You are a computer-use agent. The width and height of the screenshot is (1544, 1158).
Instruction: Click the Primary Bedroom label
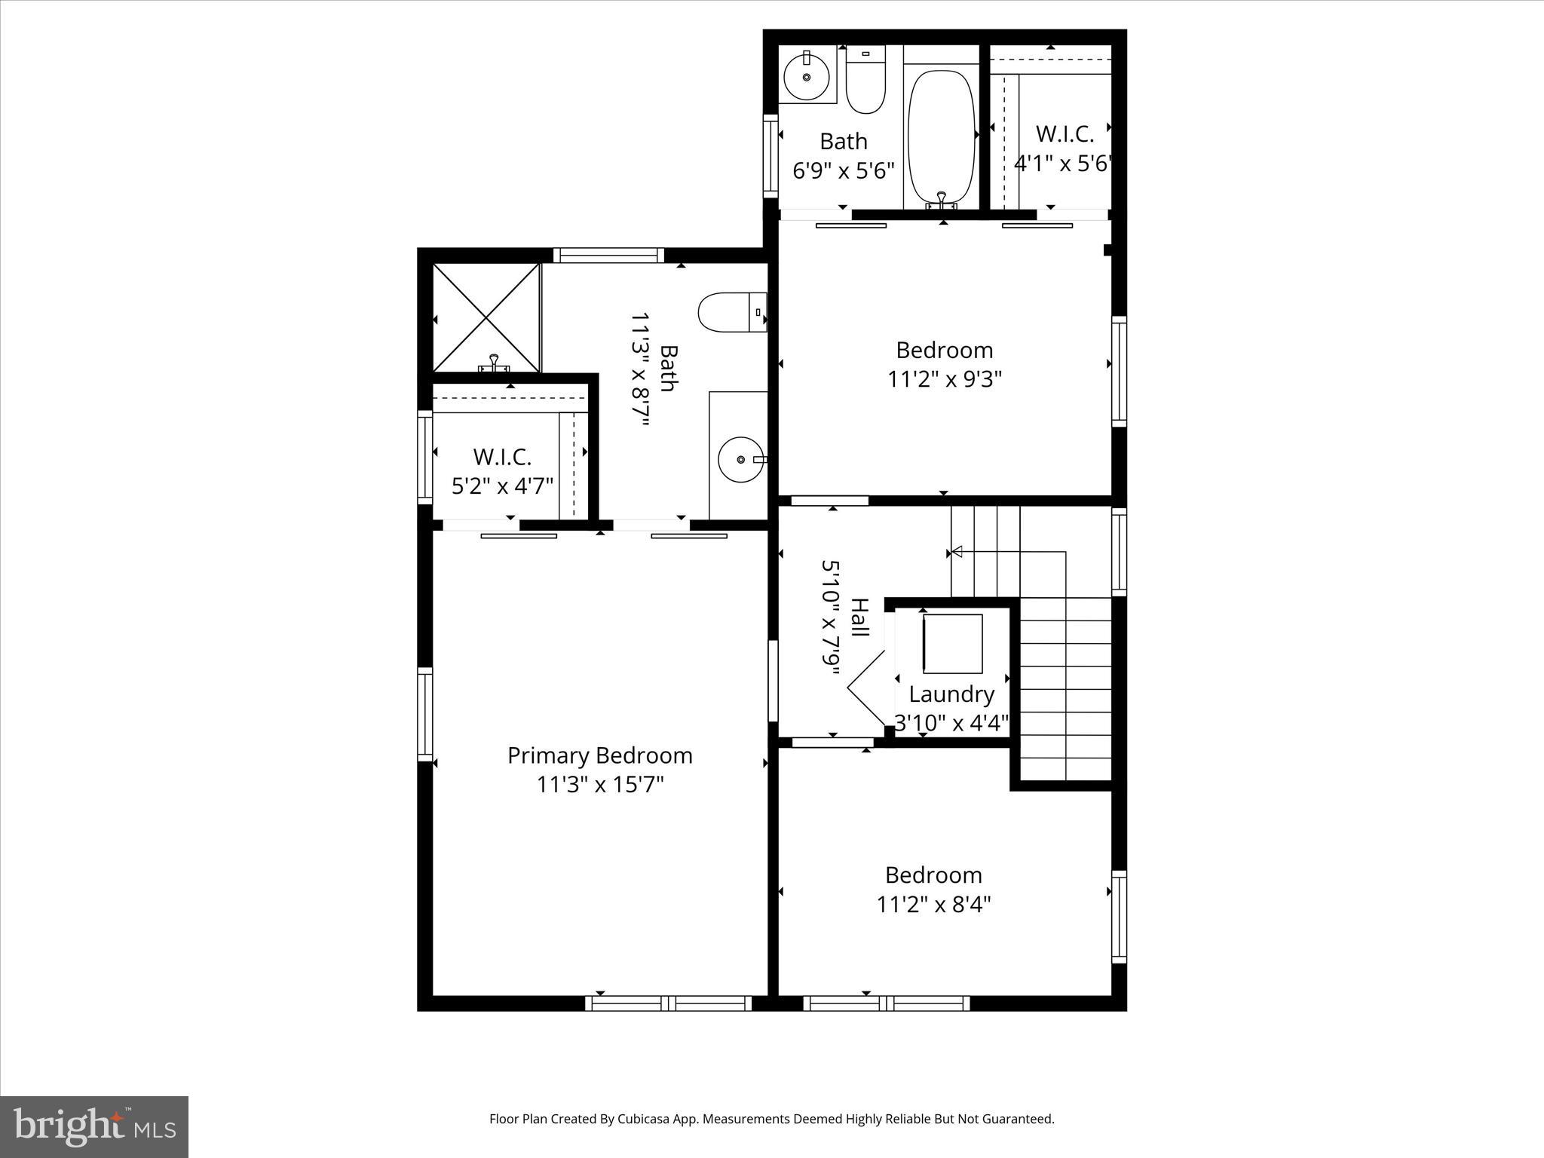click(x=599, y=755)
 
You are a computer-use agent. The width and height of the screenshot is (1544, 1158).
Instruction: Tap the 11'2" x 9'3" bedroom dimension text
click(x=944, y=379)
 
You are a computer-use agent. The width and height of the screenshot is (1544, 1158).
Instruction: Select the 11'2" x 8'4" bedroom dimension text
click(x=933, y=904)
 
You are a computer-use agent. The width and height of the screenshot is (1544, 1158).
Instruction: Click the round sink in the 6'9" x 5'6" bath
click(x=807, y=77)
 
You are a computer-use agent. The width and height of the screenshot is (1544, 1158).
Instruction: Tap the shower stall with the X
click(x=486, y=317)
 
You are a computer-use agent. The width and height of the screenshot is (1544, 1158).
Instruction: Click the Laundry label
click(x=951, y=694)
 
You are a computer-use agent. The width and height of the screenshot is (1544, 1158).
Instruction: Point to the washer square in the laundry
click(x=953, y=644)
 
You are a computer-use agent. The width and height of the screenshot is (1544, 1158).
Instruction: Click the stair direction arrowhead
click(x=957, y=552)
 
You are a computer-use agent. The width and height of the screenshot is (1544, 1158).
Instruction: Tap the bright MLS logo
click(x=94, y=1126)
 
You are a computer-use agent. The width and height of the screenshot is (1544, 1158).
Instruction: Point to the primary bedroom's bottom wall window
click(x=668, y=1003)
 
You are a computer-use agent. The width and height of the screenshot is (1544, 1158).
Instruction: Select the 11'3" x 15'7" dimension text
click(x=599, y=785)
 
